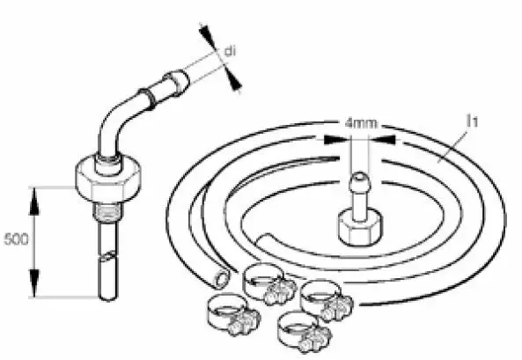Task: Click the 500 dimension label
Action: (x=16, y=239)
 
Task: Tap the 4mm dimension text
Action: (x=361, y=123)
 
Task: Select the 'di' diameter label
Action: (x=230, y=51)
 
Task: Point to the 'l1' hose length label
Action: (x=473, y=121)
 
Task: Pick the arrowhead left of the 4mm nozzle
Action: (x=336, y=140)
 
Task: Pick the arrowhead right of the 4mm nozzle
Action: (x=383, y=140)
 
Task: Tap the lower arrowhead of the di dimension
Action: (x=232, y=79)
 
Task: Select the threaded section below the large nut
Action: (x=107, y=212)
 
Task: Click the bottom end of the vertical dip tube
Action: (x=108, y=298)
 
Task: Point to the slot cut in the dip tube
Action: (x=108, y=256)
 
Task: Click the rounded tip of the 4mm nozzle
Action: (x=358, y=178)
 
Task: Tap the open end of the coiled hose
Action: (x=221, y=279)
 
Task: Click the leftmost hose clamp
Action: (x=233, y=315)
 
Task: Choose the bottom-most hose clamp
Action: (x=305, y=332)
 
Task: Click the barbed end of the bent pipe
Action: (x=176, y=82)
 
